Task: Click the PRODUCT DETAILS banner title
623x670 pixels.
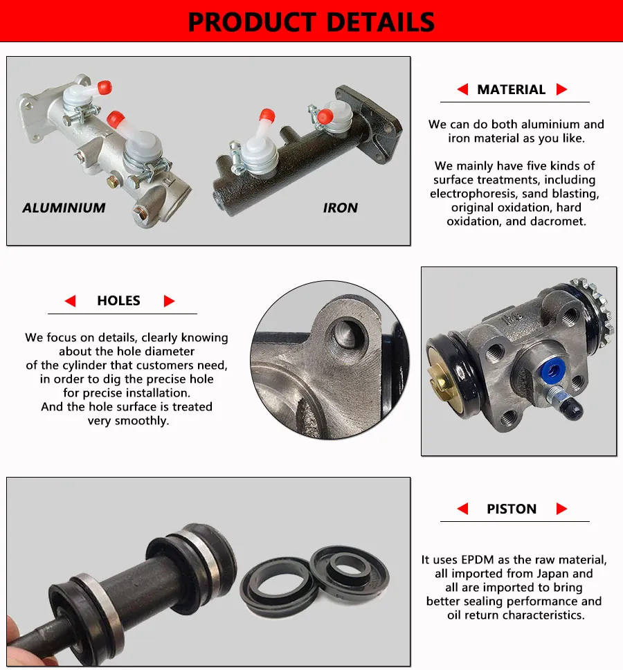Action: click(311, 21)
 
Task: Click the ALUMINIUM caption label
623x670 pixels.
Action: click(64, 208)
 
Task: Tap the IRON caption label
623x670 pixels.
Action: click(341, 208)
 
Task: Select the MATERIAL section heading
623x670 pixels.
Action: click(511, 89)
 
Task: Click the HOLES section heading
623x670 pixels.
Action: click(118, 300)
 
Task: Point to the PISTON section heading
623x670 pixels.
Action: click(512, 509)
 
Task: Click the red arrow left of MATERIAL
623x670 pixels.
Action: click(462, 89)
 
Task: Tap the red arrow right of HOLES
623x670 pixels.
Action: click(169, 301)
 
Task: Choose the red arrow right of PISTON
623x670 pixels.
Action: click(561, 509)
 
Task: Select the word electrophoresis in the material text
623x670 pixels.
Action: click(473, 194)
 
